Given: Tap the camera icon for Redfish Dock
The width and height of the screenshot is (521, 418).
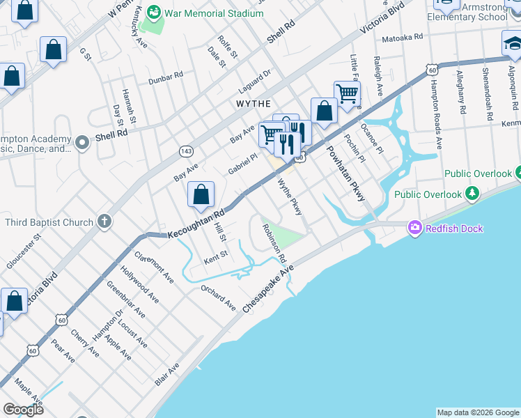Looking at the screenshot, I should (x=415, y=228).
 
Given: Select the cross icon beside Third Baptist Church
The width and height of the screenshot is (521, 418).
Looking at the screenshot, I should (x=104, y=222).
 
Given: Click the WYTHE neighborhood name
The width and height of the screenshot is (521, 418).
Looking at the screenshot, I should (x=254, y=103).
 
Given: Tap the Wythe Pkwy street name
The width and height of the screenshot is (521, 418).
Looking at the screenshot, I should (x=290, y=197).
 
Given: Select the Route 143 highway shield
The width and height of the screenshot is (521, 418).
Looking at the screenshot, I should (x=186, y=150).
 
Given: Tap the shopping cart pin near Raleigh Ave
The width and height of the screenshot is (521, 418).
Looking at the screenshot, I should (x=347, y=93).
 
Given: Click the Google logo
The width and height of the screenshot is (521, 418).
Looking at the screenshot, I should (x=24, y=409).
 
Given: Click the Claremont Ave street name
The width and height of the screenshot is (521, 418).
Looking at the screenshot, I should (x=154, y=266).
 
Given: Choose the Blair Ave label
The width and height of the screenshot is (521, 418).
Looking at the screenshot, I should (x=168, y=374).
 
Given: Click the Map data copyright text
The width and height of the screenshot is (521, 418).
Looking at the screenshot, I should (x=478, y=412).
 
